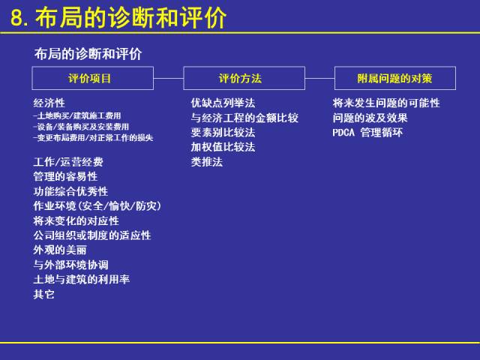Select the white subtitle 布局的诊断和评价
(x=88, y=54)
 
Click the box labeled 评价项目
(x=92, y=78)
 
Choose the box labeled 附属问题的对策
(x=394, y=78)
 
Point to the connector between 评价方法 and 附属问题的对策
(x=319, y=78)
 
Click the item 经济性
(x=49, y=103)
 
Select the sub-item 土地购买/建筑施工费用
(x=77, y=115)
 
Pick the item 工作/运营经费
(x=68, y=162)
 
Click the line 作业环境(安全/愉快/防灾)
(x=97, y=205)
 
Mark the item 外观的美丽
(x=60, y=250)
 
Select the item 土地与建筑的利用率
(x=82, y=279)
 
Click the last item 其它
(x=43, y=294)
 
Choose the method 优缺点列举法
(x=223, y=103)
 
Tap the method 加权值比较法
(x=223, y=147)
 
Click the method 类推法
(x=207, y=162)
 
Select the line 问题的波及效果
(x=370, y=118)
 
